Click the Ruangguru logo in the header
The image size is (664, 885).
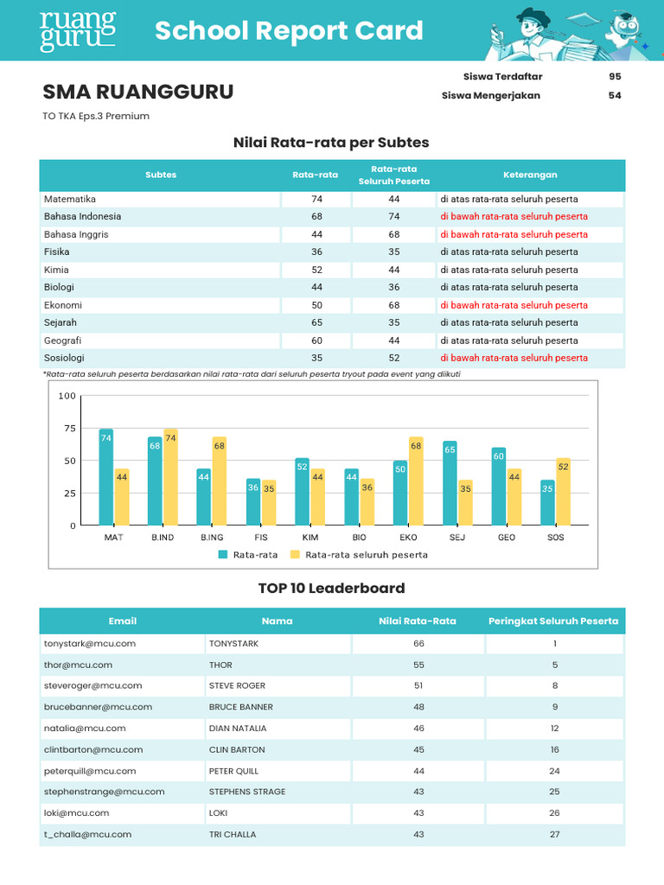[x=78, y=31]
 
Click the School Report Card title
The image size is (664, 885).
[x=289, y=31]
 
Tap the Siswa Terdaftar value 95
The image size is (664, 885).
[x=615, y=76]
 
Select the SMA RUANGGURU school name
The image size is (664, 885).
[x=138, y=92]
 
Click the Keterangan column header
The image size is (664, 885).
[x=531, y=175]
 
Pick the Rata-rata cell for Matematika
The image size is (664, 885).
[x=316, y=199]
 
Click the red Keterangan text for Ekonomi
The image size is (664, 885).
[x=514, y=305]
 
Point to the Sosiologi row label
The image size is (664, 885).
[x=64, y=358]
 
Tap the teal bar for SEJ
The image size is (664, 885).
[x=450, y=483]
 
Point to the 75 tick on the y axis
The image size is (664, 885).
[x=67, y=429]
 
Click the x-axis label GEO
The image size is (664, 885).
[x=507, y=538]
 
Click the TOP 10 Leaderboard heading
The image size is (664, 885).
[x=331, y=589]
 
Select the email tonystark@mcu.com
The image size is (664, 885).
[x=90, y=644]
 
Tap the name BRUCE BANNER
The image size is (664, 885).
[x=240, y=707]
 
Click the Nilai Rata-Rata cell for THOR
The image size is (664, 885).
[x=418, y=665]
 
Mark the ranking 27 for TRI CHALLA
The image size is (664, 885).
[x=554, y=834]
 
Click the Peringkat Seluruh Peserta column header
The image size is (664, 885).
[x=553, y=621]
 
